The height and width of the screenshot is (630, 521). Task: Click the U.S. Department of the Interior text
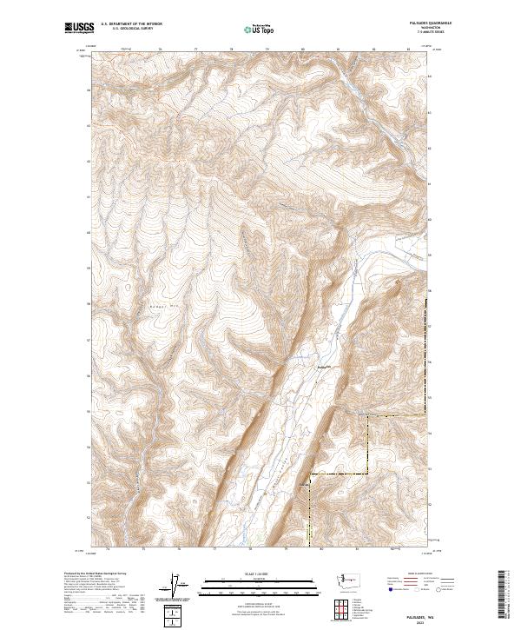point(131,24)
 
